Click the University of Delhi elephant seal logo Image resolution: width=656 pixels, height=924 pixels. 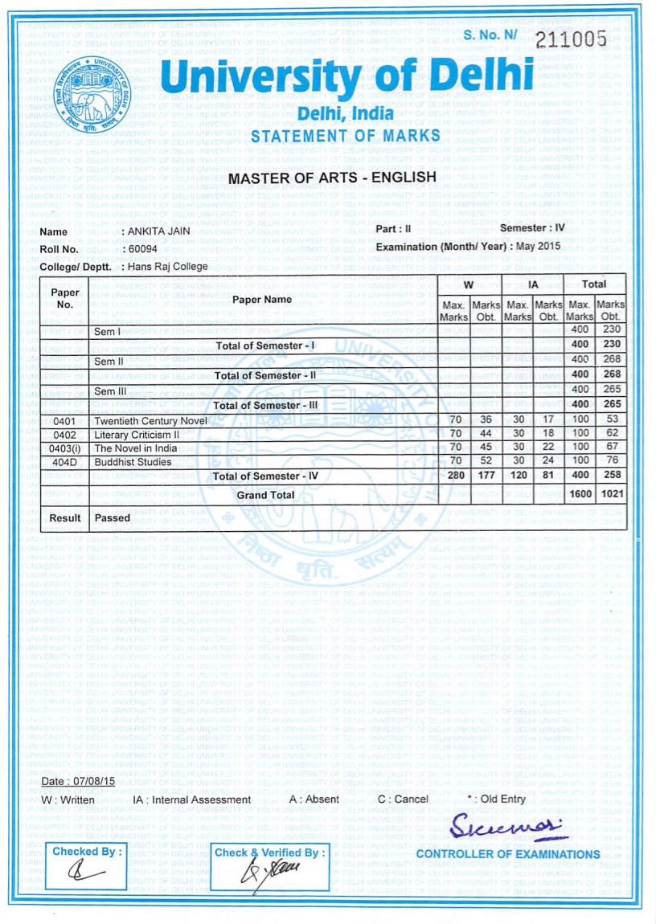click(x=90, y=97)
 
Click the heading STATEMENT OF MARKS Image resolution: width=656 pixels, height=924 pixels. click(x=346, y=136)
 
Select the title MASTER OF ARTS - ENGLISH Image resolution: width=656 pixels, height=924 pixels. click(x=333, y=178)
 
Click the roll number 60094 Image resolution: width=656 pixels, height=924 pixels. click(x=143, y=249)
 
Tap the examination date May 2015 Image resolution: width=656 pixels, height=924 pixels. click(x=538, y=246)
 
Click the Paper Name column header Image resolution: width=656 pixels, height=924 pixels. click(x=262, y=300)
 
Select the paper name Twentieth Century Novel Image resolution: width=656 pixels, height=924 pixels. click(x=150, y=420)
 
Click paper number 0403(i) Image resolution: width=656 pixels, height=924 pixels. click(x=65, y=448)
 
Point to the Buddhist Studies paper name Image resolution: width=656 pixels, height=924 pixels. click(x=133, y=462)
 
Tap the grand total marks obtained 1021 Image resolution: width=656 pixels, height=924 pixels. click(x=612, y=495)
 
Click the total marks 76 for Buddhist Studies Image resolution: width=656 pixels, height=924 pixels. click(x=612, y=462)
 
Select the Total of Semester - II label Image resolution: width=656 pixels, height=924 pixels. click(x=267, y=375)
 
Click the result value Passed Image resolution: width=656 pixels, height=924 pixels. click(x=113, y=518)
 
